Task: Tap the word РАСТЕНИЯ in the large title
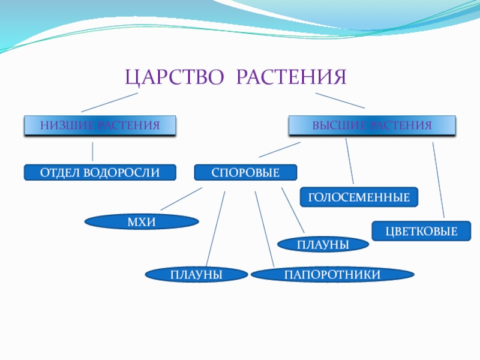292,77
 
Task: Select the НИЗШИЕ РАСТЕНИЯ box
100,125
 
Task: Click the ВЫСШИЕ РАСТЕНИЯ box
372,125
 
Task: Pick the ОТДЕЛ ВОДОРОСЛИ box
100,173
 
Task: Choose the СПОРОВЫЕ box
245,173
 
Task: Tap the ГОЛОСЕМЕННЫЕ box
359,197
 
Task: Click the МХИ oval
142,223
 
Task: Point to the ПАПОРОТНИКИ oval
332,275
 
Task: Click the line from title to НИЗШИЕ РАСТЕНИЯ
109,103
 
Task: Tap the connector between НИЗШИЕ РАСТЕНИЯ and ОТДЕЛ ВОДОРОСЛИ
92,152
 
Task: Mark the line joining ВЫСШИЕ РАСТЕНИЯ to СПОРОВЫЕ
280,149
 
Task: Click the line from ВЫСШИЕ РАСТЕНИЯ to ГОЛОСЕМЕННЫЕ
350,161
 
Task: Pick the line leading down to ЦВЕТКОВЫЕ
439,180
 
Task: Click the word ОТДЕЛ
60,173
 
